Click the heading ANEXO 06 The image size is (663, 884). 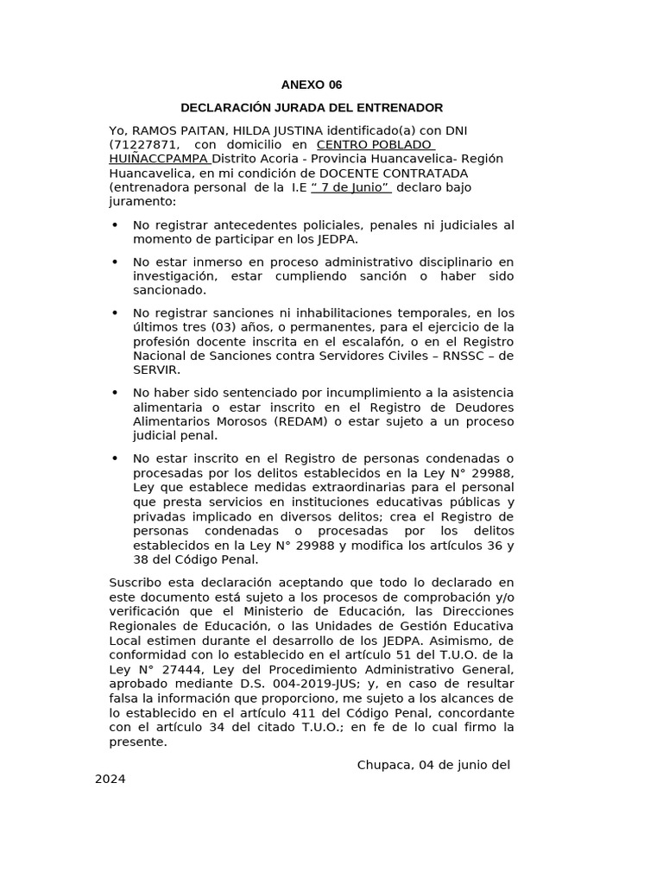tap(311, 85)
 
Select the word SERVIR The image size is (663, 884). tap(156, 369)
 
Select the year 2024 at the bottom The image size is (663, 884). tap(110, 779)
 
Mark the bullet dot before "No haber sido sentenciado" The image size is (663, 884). tap(116, 393)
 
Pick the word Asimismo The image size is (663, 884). tap(448, 641)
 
